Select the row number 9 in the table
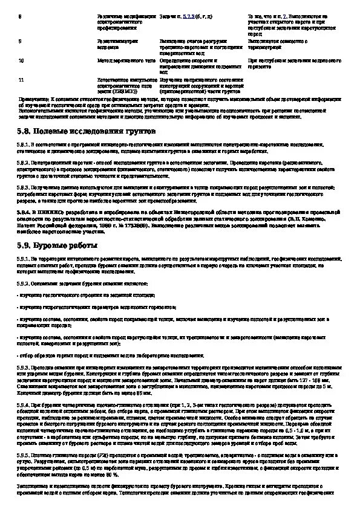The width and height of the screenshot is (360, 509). (x=20, y=41)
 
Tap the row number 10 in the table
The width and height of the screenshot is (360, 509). (x=21, y=61)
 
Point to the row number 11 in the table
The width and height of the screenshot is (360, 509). (x=21, y=79)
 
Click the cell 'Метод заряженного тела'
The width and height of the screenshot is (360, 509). (x=119, y=61)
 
